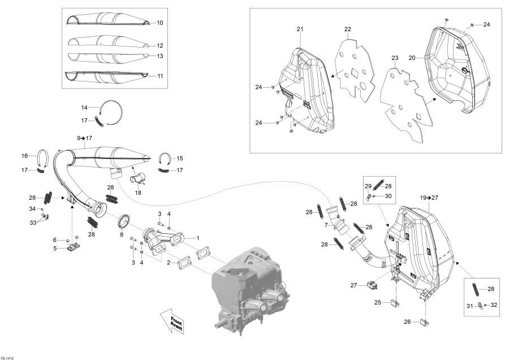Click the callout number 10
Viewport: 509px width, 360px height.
(x=159, y=23)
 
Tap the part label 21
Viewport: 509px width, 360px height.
(x=300, y=29)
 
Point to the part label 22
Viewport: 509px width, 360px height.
(x=347, y=29)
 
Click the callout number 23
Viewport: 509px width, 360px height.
(x=395, y=58)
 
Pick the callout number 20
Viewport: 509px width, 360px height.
(x=412, y=58)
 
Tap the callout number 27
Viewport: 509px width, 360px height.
(x=354, y=286)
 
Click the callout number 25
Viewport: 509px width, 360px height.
(x=377, y=303)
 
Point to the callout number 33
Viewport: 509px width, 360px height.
(x=33, y=222)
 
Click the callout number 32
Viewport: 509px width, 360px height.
(x=494, y=305)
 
